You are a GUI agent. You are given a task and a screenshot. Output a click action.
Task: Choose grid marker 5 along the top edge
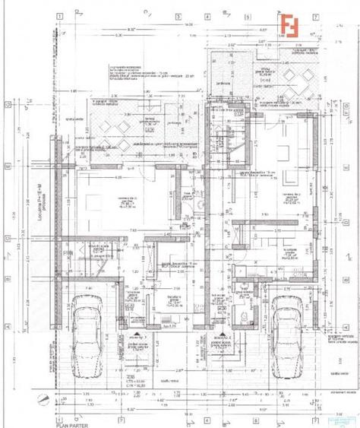click(x=210, y=14)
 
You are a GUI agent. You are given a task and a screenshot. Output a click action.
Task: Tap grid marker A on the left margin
click(x=6, y=325)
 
